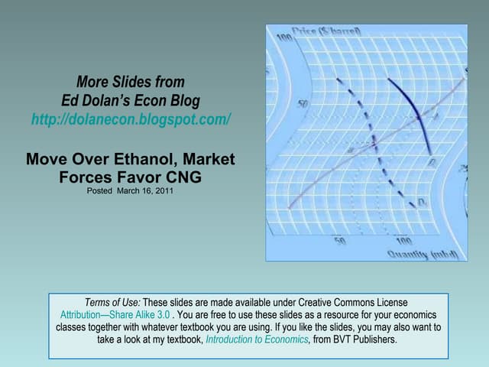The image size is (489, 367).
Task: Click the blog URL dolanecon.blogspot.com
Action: tap(131, 120)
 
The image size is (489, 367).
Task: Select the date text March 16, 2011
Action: tap(145, 191)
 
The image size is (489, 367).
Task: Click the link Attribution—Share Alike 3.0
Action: tap(115, 315)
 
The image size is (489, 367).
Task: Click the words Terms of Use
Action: tap(113, 303)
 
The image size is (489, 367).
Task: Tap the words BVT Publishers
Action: tap(364, 339)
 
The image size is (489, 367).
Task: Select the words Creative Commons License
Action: tap(360, 303)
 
